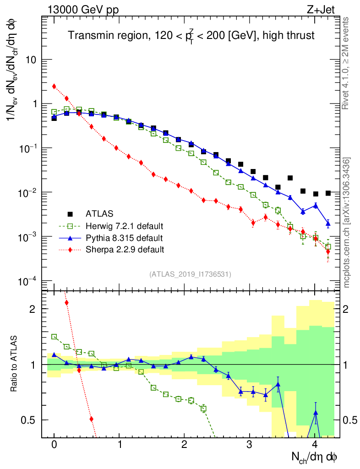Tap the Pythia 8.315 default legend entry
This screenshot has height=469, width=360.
[123, 238]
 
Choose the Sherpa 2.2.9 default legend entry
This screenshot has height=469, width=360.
[125, 250]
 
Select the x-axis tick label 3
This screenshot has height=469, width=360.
[250, 444]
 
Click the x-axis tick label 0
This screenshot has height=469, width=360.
[54, 444]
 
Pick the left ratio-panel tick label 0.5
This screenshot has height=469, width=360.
[28, 420]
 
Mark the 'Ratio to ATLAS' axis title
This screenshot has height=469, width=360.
[15, 364]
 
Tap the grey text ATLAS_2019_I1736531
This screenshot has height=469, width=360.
[190, 274]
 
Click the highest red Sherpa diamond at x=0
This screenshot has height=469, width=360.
[54, 86]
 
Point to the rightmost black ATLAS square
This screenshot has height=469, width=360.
[328, 193]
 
